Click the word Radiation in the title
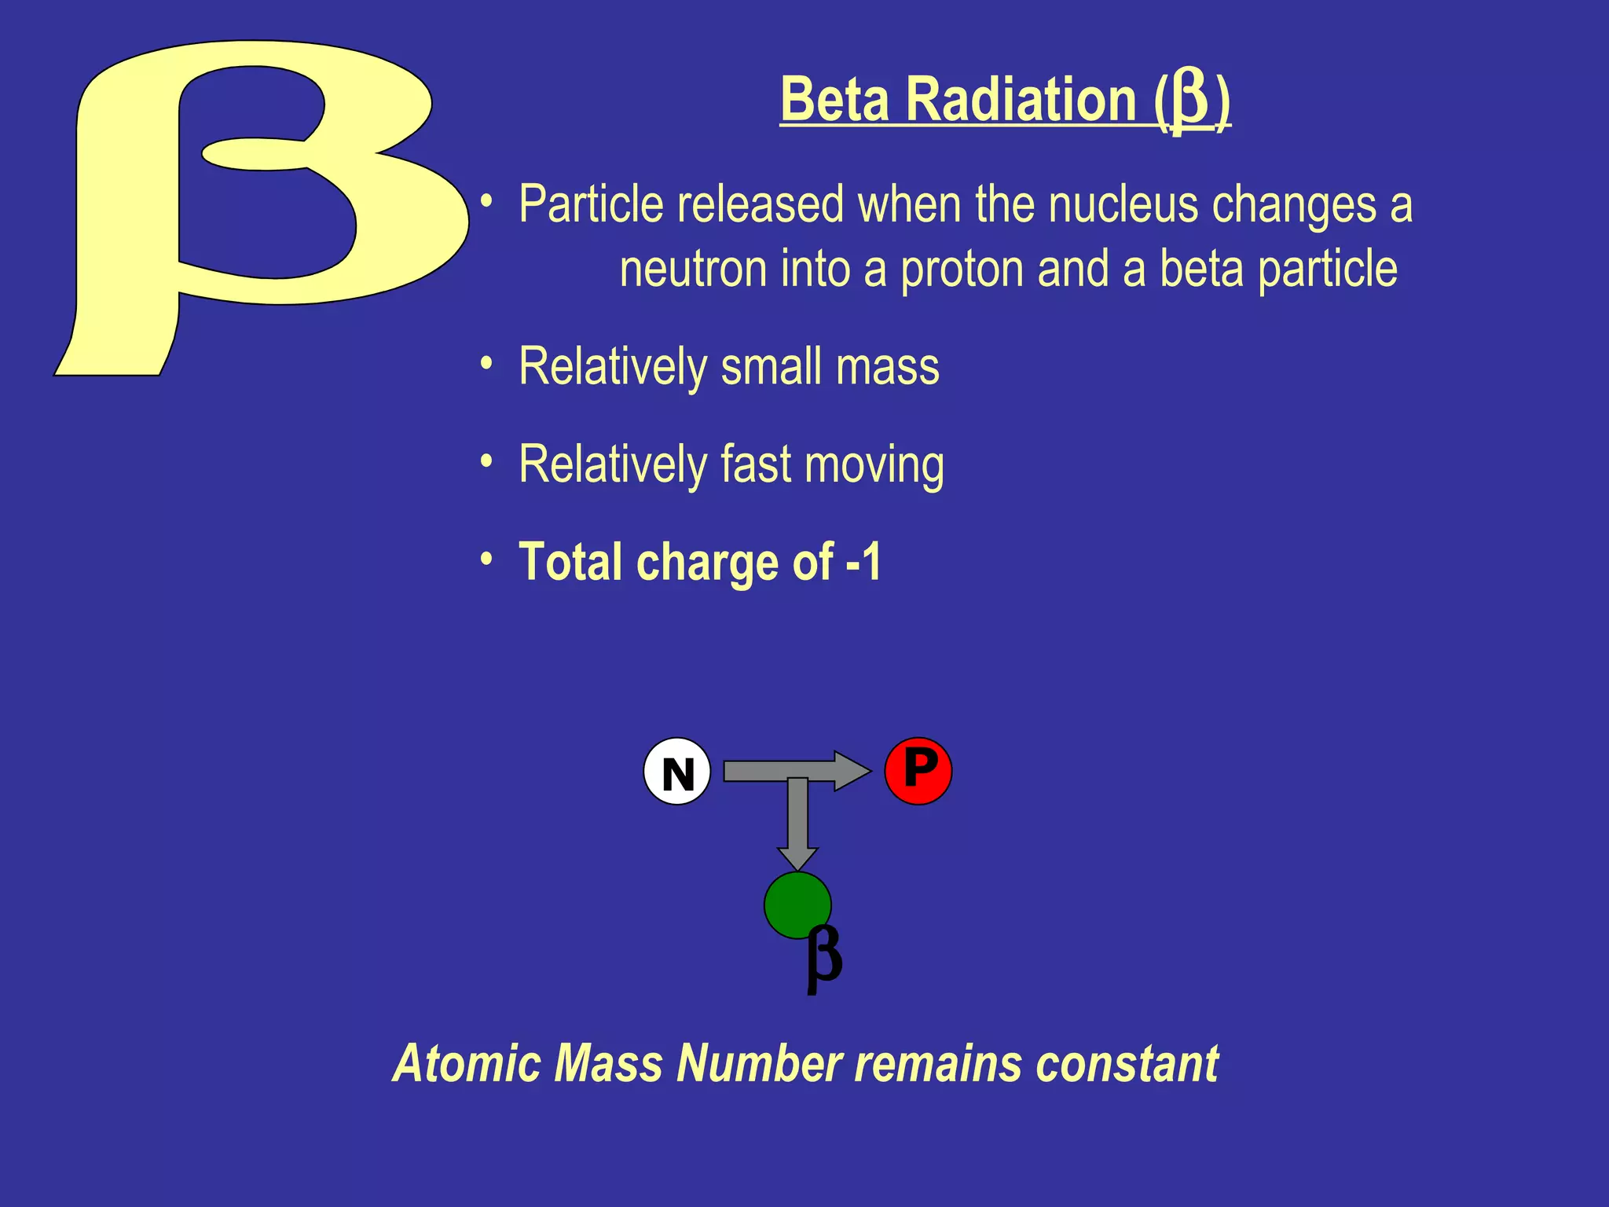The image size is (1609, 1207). tap(1021, 101)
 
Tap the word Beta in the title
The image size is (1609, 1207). tap(836, 101)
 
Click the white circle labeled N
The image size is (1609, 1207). tap(677, 772)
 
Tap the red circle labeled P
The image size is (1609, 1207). tap(918, 770)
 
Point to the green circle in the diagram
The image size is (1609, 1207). tap(795, 904)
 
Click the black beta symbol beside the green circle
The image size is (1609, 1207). tap(824, 959)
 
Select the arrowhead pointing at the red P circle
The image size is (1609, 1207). tap(852, 771)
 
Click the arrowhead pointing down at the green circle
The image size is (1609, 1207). tap(797, 858)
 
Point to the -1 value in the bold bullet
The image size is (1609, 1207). tap(864, 562)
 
